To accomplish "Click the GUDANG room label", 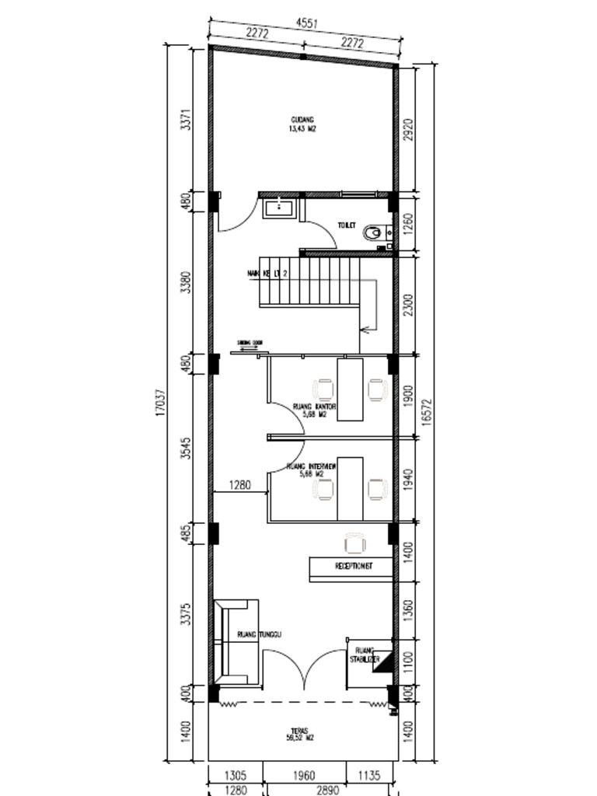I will click(302, 124).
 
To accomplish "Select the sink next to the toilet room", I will click(278, 208).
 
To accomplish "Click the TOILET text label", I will click(346, 225).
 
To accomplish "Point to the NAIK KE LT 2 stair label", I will click(267, 274).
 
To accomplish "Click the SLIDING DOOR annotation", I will click(250, 342).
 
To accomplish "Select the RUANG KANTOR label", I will click(314, 410).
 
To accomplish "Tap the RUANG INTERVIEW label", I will click(311, 469).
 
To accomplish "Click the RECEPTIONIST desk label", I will click(353, 567).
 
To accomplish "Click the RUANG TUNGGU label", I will click(259, 634).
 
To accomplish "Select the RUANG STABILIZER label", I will click(365, 655).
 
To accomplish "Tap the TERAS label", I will click(299, 734).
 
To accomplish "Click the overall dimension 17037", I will click(160, 403).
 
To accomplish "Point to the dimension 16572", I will click(425, 404).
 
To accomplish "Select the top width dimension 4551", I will click(306, 24).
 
